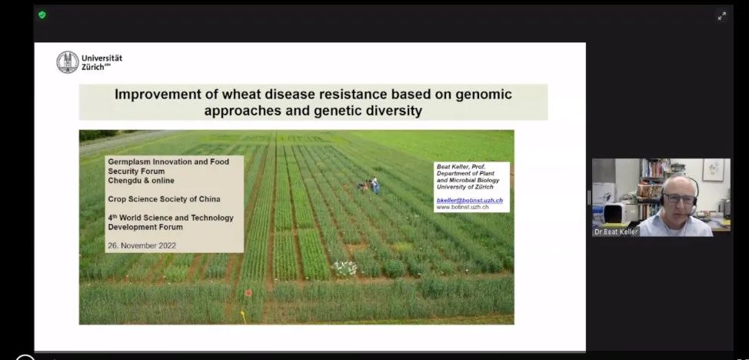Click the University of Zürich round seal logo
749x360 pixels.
[68, 62]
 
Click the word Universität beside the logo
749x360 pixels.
[102, 58]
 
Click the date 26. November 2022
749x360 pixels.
[141, 245]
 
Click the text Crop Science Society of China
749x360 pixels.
[165, 199]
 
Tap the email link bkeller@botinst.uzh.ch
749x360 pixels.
[470, 201]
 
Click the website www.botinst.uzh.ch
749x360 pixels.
[462, 207]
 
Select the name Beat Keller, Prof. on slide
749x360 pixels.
[461, 167]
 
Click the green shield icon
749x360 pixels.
[42, 15]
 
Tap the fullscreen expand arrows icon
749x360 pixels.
[722, 16]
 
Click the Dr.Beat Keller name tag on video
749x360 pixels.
[615, 232]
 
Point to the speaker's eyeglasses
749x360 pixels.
[681, 198]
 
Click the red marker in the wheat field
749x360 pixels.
[248, 292]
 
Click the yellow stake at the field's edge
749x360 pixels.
[243, 316]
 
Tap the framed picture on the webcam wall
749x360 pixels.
[713, 169]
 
